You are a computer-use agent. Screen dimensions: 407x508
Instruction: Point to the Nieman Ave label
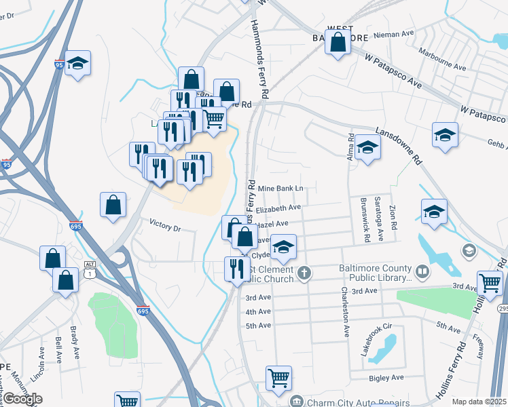click(x=395, y=33)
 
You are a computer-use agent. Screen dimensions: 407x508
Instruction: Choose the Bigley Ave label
click(x=386, y=377)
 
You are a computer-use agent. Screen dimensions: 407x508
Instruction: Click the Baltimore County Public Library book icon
click(x=422, y=272)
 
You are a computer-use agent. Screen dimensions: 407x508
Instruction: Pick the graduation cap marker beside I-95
click(x=78, y=64)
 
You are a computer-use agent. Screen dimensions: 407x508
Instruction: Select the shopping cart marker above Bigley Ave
click(x=278, y=378)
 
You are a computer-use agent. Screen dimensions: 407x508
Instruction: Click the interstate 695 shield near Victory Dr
click(x=76, y=227)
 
